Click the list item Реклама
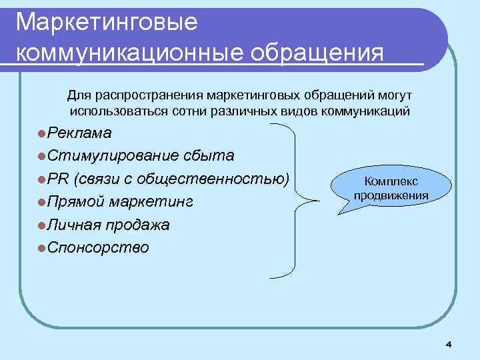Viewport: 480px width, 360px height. click(x=80, y=133)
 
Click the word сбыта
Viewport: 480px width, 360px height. click(x=207, y=156)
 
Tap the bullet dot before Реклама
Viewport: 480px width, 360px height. click(x=42, y=133)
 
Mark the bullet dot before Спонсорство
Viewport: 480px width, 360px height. click(x=42, y=249)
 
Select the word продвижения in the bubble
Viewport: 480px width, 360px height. click(x=391, y=195)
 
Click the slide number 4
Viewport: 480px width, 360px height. click(x=448, y=344)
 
